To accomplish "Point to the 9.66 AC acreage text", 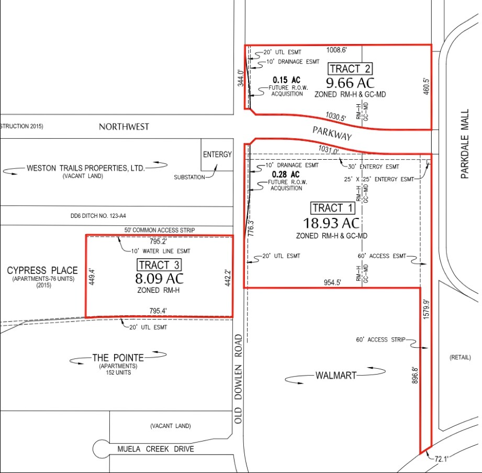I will click(351, 83).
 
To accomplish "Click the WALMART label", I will click(335, 375).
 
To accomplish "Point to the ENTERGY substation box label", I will click(217, 154).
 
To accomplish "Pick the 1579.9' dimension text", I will click(427, 310).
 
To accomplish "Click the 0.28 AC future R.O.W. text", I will click(287, 174).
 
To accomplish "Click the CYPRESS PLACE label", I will click(42, 270).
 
